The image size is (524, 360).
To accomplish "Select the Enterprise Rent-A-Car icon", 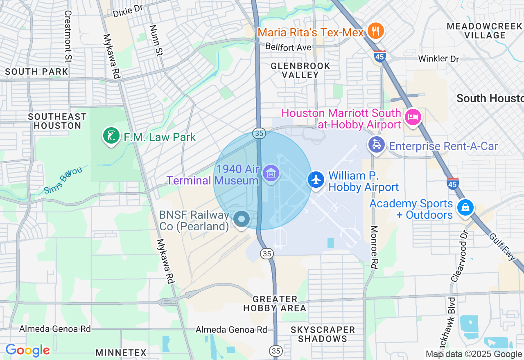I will tap(377, 145).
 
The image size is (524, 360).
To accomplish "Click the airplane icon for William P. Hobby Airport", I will tap(316, 180).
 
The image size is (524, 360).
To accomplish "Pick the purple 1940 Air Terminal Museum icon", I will tap(271, 174).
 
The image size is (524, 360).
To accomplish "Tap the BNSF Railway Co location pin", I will tap(242, 220).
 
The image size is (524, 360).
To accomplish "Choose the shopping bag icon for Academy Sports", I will tap(465, 207).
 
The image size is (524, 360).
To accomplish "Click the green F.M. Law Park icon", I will tap(111, 136).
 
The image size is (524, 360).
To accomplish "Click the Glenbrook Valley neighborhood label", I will tap(300, 70).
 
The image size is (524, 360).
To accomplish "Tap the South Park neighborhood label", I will tap(36, 72).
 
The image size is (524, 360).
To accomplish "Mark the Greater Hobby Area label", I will tap(275, 304).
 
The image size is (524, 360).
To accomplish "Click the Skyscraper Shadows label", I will tap(323, 334).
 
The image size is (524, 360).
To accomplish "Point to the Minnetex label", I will tap(121, 353).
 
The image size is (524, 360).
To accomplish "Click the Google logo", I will tap(27, 351).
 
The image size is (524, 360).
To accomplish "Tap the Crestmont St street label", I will tap(68, 37).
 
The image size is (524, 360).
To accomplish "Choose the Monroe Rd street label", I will tap(374, 247).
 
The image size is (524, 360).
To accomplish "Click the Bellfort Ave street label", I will tap(288, 47).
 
